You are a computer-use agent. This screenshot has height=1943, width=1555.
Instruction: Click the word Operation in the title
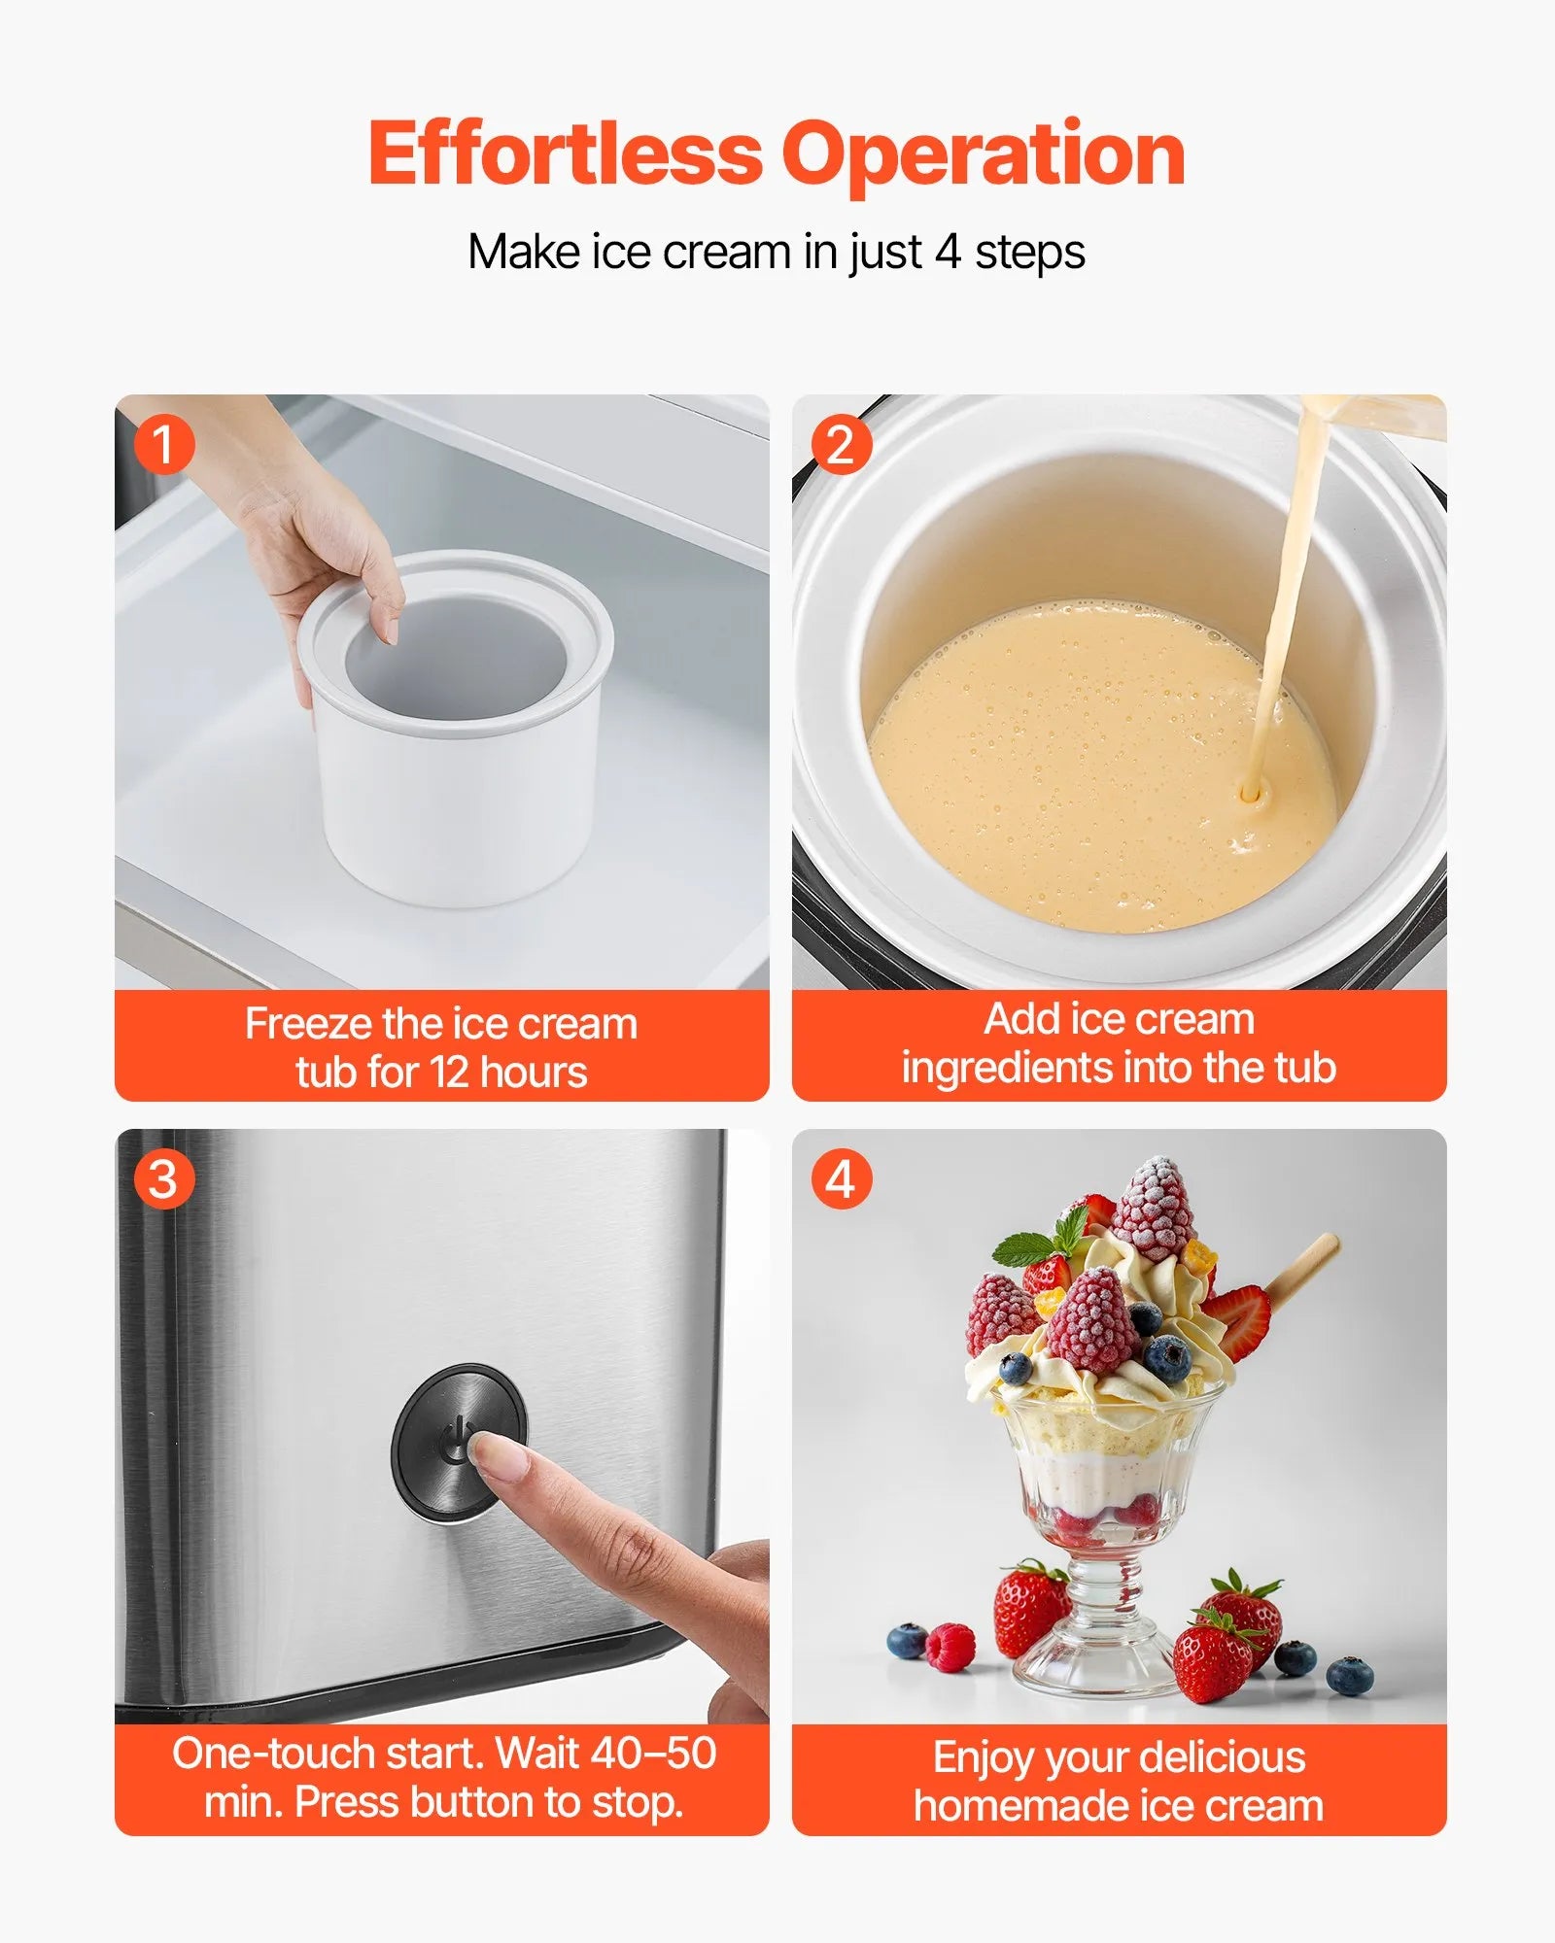983,155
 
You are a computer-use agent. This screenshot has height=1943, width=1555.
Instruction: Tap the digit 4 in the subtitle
948,253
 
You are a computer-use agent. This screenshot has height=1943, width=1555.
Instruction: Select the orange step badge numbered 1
163,445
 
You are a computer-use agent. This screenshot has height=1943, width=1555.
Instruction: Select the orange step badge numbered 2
841,445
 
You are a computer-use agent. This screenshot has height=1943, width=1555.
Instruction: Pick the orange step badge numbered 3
163,1179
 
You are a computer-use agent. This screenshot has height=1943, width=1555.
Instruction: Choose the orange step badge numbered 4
841,1179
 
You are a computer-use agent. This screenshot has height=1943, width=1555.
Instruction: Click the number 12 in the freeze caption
448,1073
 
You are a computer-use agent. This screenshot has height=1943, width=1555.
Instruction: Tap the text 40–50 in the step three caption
653,1754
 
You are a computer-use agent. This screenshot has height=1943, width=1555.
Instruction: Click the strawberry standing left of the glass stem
1030,1608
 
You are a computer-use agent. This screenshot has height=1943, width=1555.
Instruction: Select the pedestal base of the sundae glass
1098,1666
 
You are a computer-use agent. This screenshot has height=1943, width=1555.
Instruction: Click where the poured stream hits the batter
1252,795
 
